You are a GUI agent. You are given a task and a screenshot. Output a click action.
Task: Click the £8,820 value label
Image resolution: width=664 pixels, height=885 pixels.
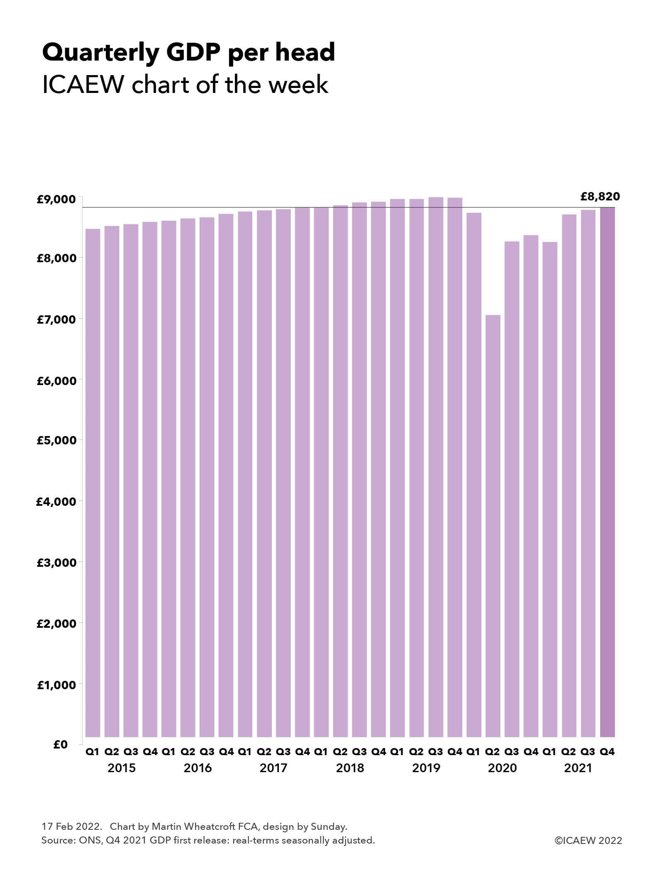coord(600,196)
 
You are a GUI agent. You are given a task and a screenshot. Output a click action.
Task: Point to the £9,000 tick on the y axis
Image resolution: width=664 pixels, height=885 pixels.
coord(56,200)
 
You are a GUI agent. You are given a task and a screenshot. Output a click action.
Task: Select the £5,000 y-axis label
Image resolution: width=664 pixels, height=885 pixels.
coord(56,440)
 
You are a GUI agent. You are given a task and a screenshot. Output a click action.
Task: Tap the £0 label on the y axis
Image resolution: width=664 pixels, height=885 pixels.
coord(61,744)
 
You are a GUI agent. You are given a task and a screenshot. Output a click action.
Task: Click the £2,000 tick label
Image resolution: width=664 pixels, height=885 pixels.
coord(56,623)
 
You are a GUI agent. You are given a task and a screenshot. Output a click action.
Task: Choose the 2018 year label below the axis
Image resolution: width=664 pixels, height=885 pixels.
coord(350,768)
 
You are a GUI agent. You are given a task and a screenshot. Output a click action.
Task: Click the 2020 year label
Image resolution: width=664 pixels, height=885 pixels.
coord(502,768)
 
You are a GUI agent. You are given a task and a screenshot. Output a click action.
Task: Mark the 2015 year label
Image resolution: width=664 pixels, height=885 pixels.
coord(122,768)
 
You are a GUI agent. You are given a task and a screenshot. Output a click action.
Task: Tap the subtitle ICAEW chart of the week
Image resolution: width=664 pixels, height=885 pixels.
coord(185,85)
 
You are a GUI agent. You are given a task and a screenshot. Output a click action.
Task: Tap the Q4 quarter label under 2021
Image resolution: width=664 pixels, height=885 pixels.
coord(607,751)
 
